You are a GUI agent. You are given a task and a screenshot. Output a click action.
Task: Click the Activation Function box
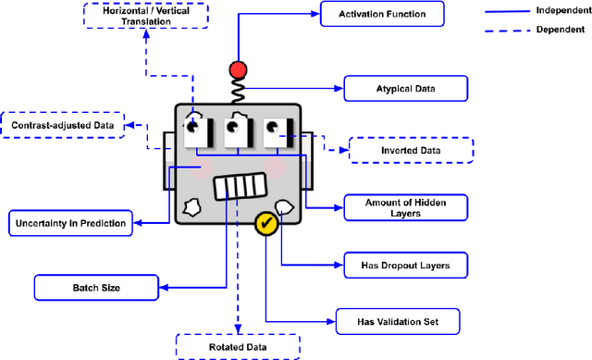click(382, 14)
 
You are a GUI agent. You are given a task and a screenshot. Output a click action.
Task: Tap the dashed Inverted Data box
click(410, 150)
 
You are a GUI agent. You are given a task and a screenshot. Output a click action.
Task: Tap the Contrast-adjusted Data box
click(61, 125)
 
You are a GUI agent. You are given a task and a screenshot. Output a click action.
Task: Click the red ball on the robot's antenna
click(240, 70)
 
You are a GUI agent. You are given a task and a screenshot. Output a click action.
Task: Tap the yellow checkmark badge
click(266, 223)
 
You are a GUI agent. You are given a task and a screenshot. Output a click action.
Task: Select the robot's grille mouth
click(240, 189)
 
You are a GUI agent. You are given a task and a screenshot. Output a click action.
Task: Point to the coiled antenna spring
click(240, 92)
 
